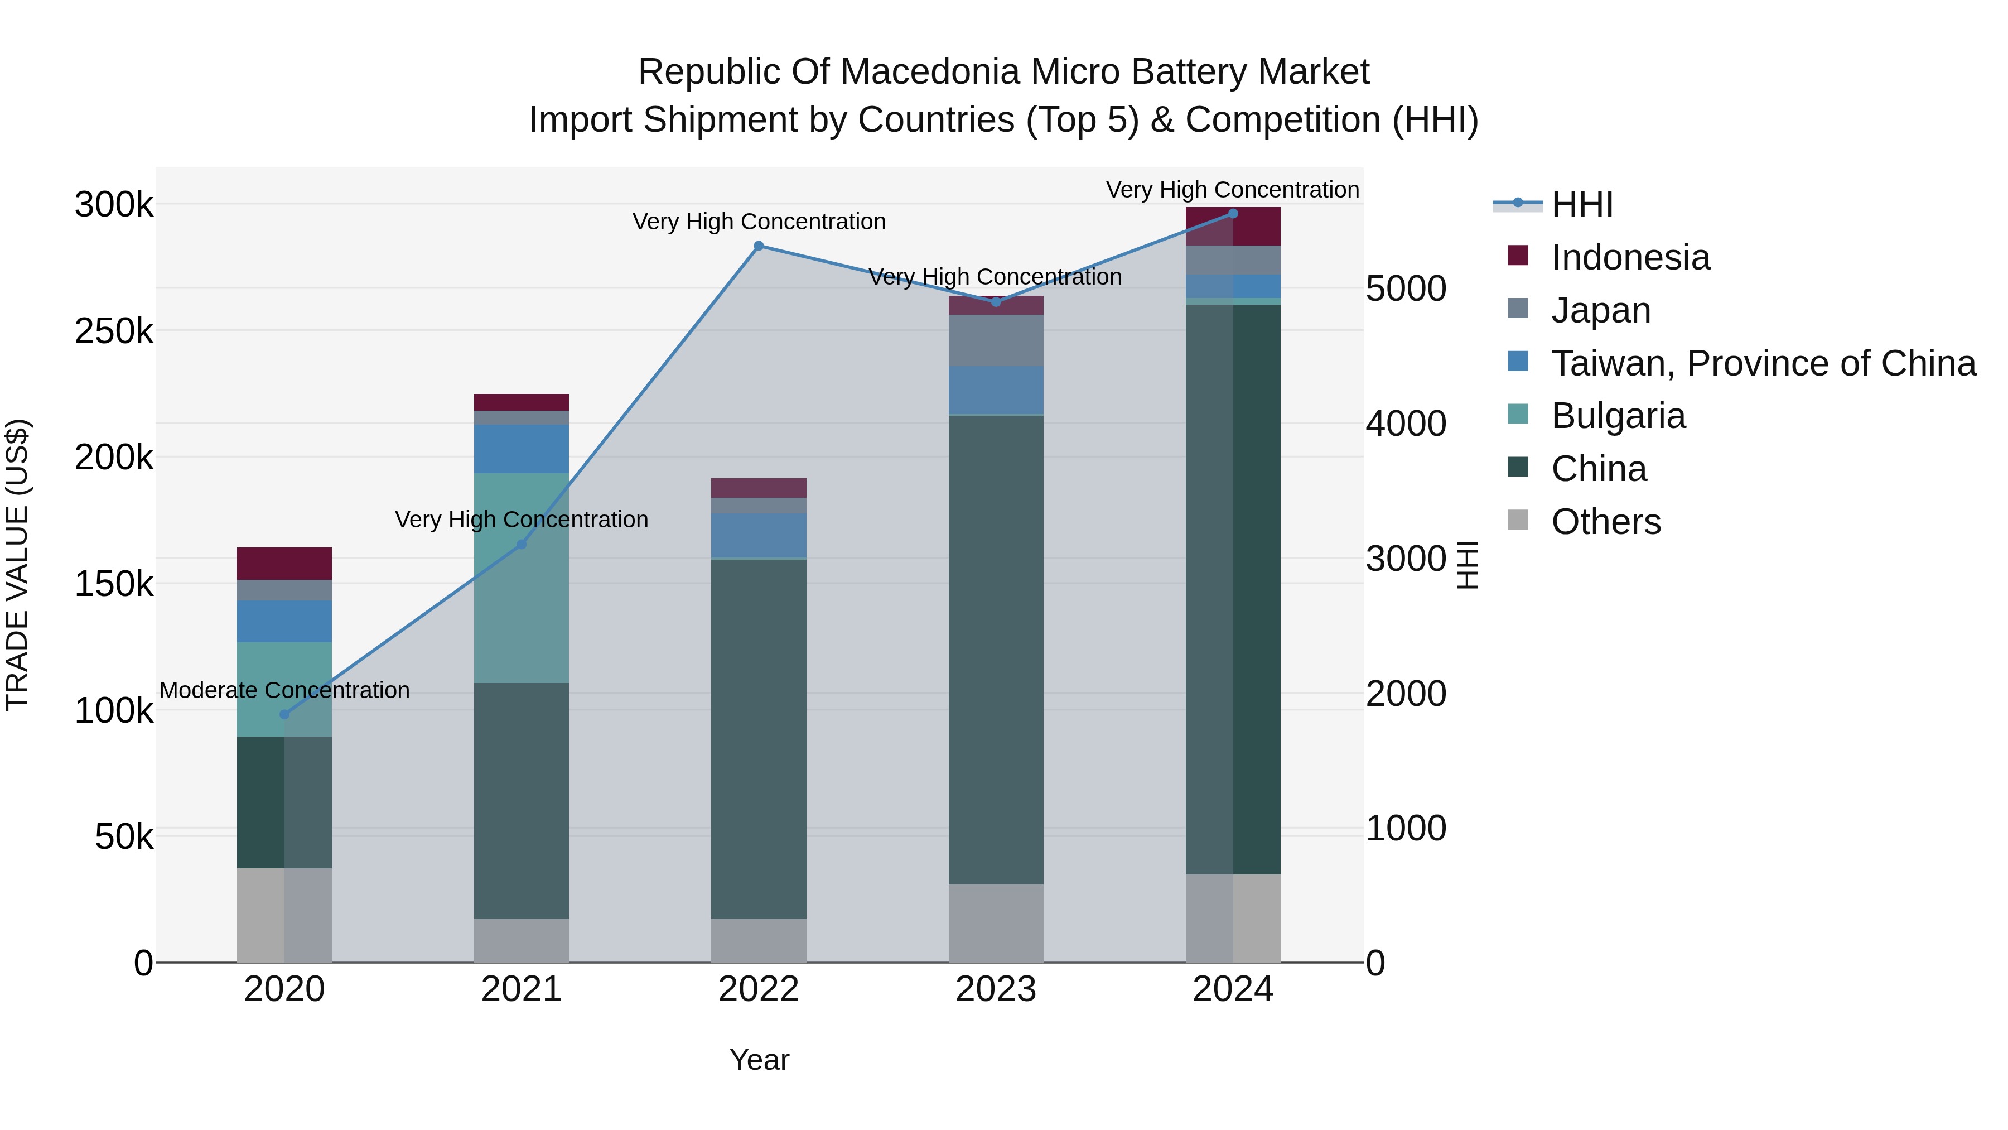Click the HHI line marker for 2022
click(x=759, y=247)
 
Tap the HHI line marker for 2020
click(x=284, y=714)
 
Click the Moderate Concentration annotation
click(x=284, y=691)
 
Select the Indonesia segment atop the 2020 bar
click(x=284, y=564)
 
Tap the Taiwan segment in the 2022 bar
click(x=759, y=536)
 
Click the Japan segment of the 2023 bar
click(x=996, y=341)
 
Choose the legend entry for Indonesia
click(x=1631, y=257)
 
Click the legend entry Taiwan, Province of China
click(x=1763, y=363)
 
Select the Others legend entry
click(x=1606, y=522)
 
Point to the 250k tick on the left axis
click(x=114, y=331)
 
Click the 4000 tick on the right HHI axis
click(x=1406, y=424)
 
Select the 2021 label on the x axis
click(x=522, y=989)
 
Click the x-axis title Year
click(x=759, y=1060)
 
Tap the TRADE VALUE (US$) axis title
click(x=17, y=565)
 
